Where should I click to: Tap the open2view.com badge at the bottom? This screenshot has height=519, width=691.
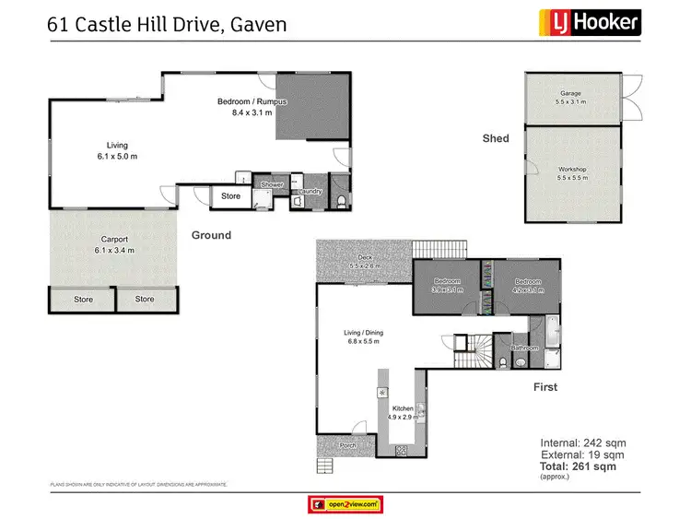click(345, 503)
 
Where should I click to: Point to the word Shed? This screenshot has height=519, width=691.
click(496, 139)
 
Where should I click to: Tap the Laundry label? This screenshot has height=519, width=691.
click(309, 192)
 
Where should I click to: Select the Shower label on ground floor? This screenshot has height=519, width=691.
click(272, 185)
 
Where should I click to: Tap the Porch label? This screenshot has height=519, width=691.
click(347, 446)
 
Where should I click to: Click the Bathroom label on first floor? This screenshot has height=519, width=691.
click(525, 348)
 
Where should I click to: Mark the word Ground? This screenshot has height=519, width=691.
click(211, 235)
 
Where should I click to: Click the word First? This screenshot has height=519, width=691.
click(545, 387)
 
